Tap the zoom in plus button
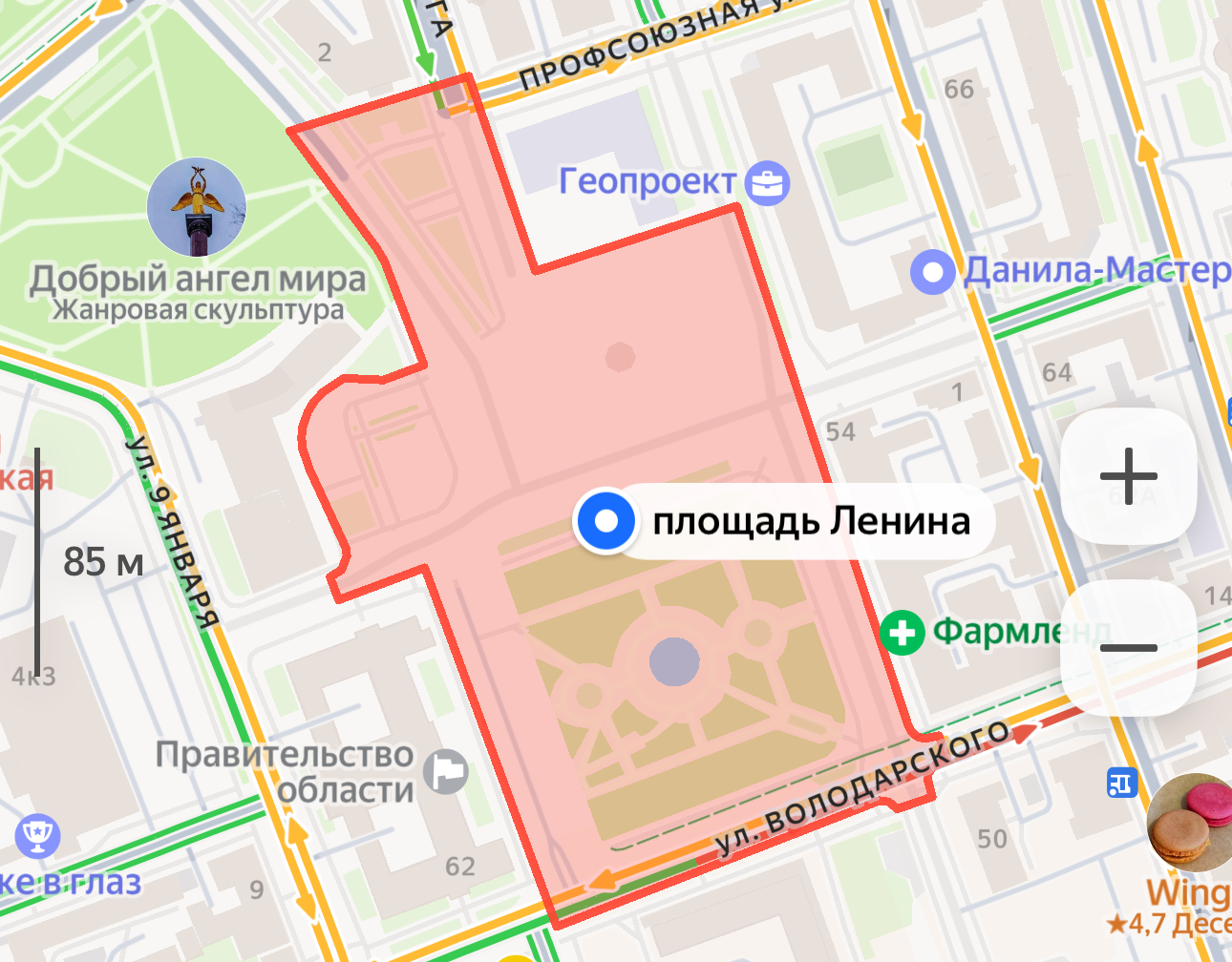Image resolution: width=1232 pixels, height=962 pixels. (1128, 475)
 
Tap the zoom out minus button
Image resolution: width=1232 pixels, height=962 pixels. (1128, 648)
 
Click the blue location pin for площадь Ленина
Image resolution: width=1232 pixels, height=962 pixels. (605, 521)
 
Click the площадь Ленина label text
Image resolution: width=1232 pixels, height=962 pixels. (811, 521)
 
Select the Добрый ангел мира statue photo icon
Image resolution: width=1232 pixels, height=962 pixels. (197, 207)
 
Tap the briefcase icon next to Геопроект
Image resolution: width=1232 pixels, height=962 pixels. (767, 183)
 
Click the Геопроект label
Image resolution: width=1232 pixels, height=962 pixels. (648, 180)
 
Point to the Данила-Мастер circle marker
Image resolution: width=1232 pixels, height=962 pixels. (932, 273)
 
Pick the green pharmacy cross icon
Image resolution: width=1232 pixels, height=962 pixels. (902, 632)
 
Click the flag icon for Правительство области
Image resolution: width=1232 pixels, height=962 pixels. (445, 771)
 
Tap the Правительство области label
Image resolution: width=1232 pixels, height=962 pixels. (285, 772)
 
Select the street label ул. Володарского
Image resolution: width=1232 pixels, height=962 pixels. (862, 788)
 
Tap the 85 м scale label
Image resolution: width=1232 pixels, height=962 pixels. (103, 562)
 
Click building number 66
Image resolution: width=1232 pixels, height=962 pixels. (959, 90)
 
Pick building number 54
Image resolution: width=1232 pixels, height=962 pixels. (840, 432)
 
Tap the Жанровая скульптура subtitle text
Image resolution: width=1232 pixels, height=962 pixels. (198, 310)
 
